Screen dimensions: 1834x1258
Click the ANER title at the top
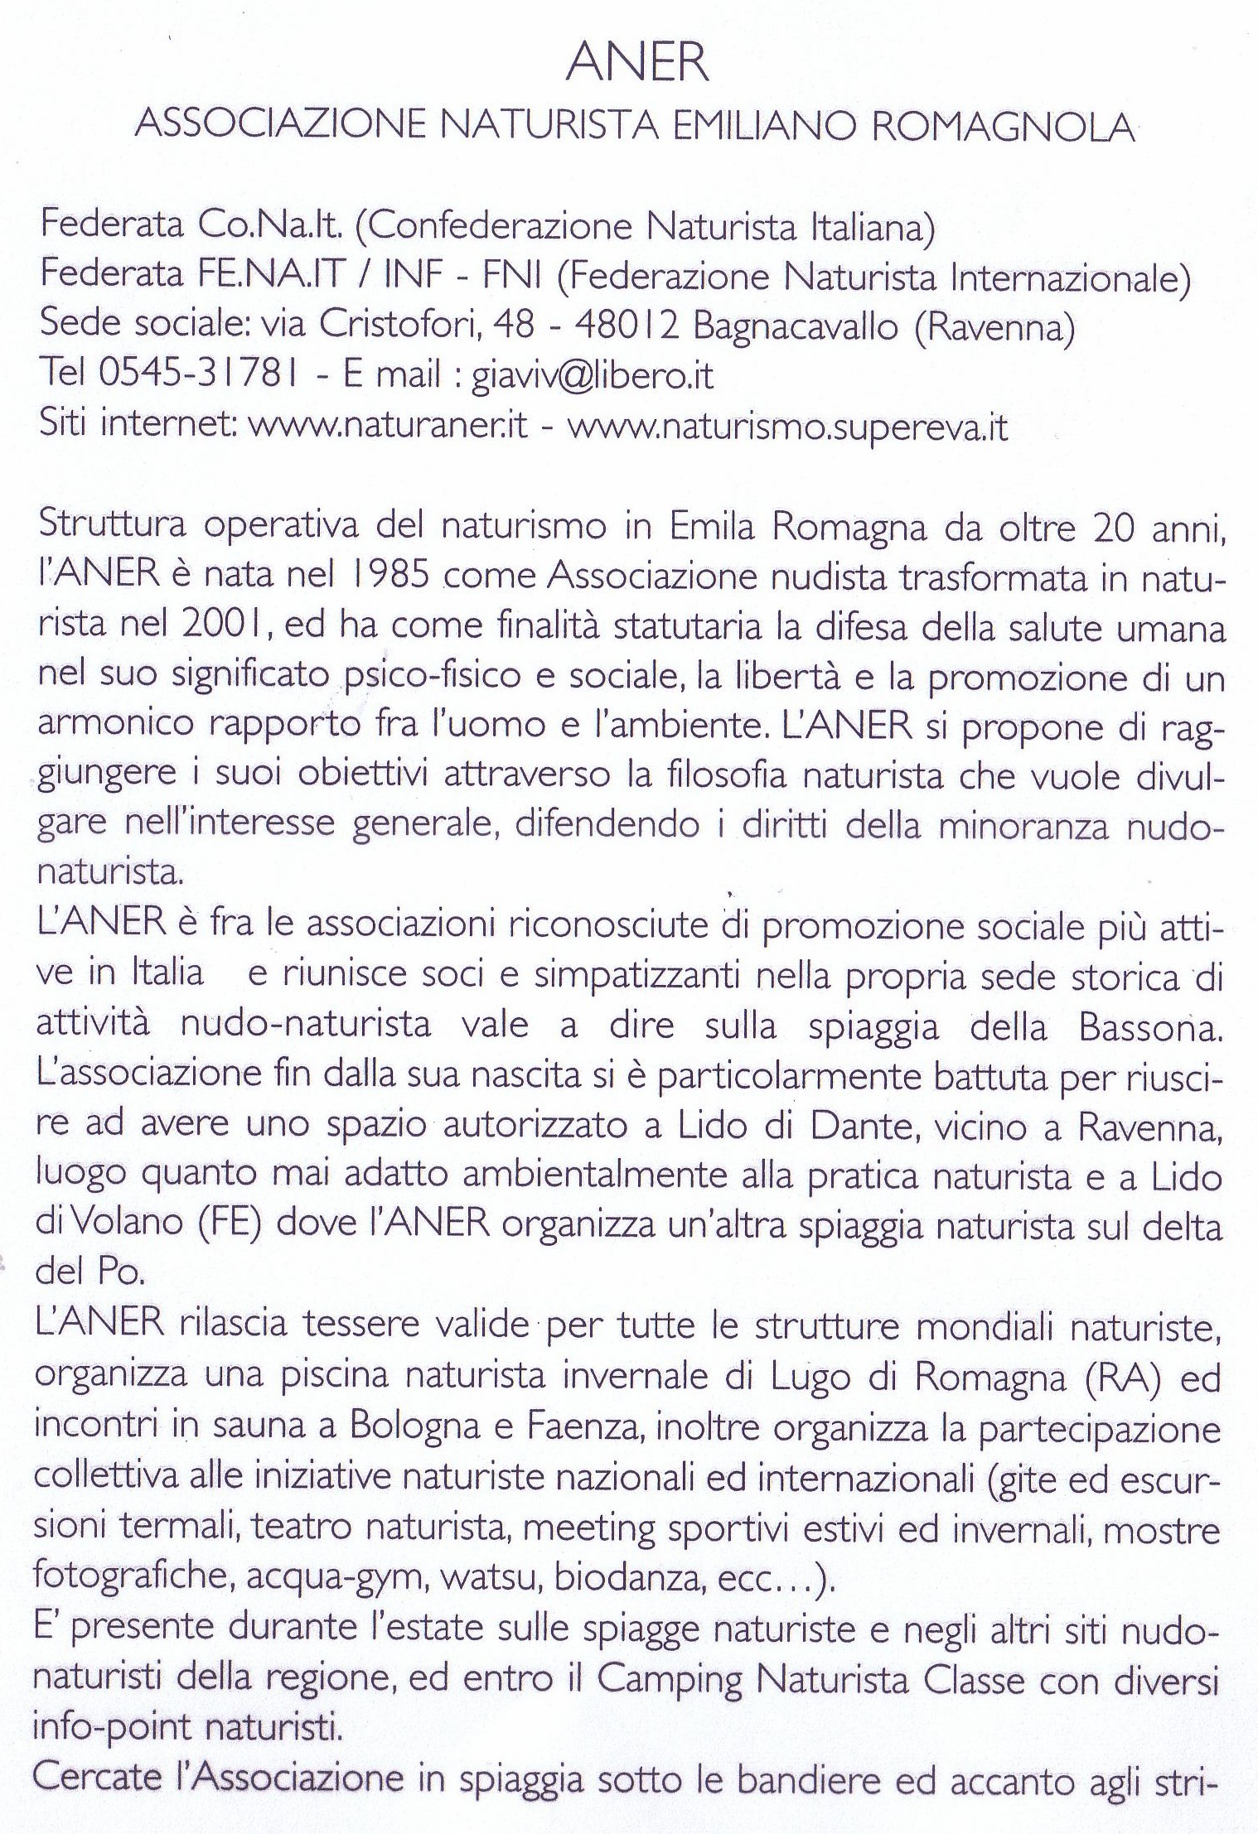pyautogui.click(x=637, y=63)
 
